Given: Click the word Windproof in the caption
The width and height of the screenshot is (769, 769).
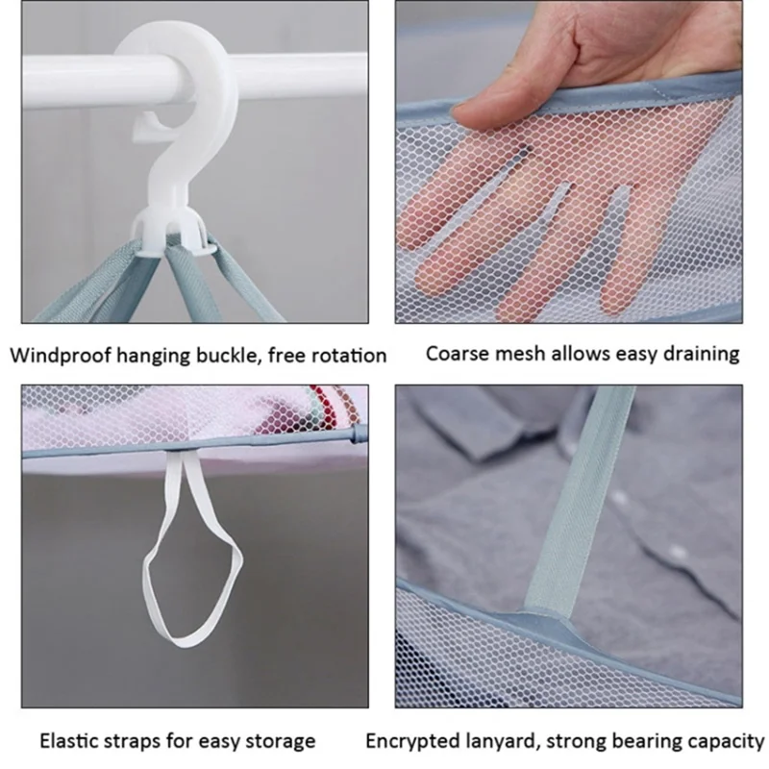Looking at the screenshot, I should tap(59, 356).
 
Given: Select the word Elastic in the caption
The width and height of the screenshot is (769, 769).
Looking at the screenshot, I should tap(70, 741).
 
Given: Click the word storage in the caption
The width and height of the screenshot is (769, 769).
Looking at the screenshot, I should tap(282, 741).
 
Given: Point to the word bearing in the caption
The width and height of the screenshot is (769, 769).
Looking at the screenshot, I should tap(649, 741).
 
